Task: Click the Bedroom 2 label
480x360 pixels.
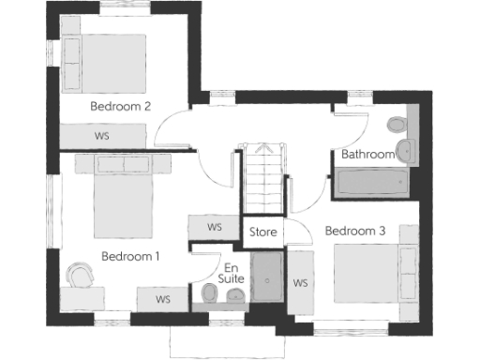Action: tap(120, 106)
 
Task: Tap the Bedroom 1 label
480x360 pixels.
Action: tap(131, 256)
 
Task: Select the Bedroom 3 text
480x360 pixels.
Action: tap(355, 230)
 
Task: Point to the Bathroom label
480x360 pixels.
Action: tap(367, 154)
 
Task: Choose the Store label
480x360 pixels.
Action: tap(262, 231)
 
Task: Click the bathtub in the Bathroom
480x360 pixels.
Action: tap(370, 181)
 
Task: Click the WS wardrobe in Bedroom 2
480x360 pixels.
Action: tap(101, 135)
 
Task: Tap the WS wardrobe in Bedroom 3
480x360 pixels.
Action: tap(300, 282)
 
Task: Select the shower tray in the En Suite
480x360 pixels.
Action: tap(266, 279)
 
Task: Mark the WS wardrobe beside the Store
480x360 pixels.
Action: tap(214, 228)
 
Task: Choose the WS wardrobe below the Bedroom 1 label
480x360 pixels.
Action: tap(163, 299)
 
